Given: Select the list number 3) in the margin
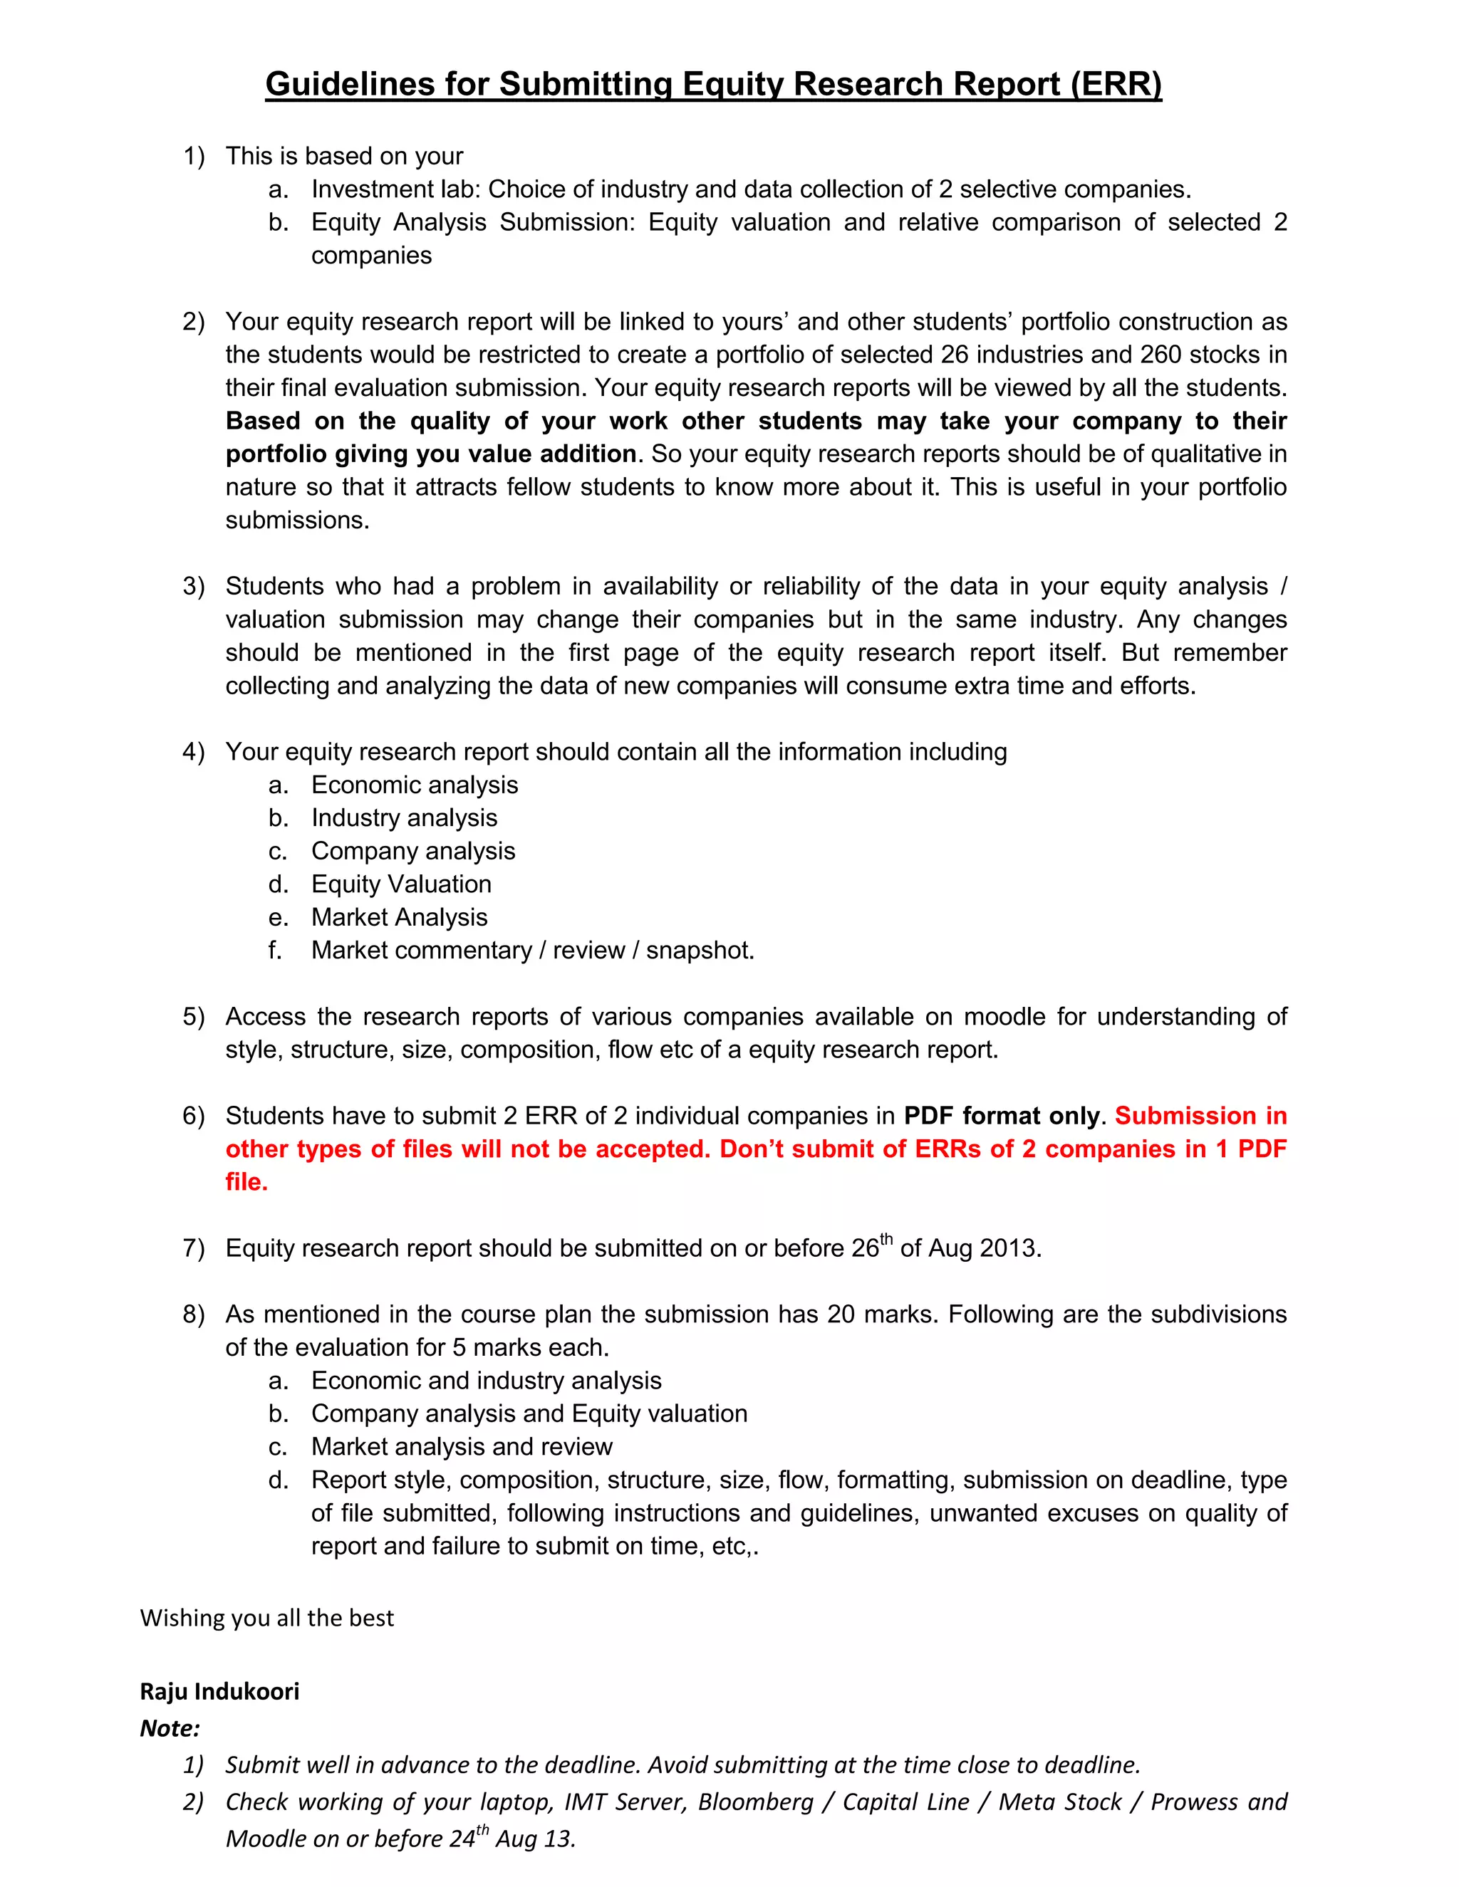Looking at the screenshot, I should (194, 586).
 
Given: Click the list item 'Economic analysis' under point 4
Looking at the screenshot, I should (414, 785).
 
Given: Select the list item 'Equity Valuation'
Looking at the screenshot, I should (401, 884).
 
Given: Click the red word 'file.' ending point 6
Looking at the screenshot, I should (246, 1182).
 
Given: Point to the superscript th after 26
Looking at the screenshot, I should (886, 1239).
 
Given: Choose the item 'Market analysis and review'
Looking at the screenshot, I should (462, 1446).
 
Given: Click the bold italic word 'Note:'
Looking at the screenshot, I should (170, 1728).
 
